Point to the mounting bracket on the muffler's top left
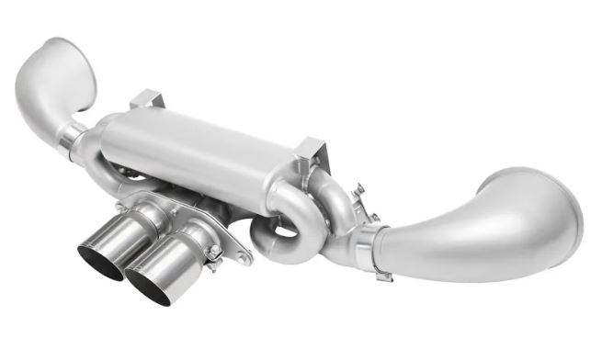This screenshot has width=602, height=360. click(x=147, y=100)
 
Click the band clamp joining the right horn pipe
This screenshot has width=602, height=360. click(x=368, y=249)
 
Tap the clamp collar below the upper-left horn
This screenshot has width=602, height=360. click(x=70, y=138)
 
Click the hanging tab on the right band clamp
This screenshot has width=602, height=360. click(x=382, y=274)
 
